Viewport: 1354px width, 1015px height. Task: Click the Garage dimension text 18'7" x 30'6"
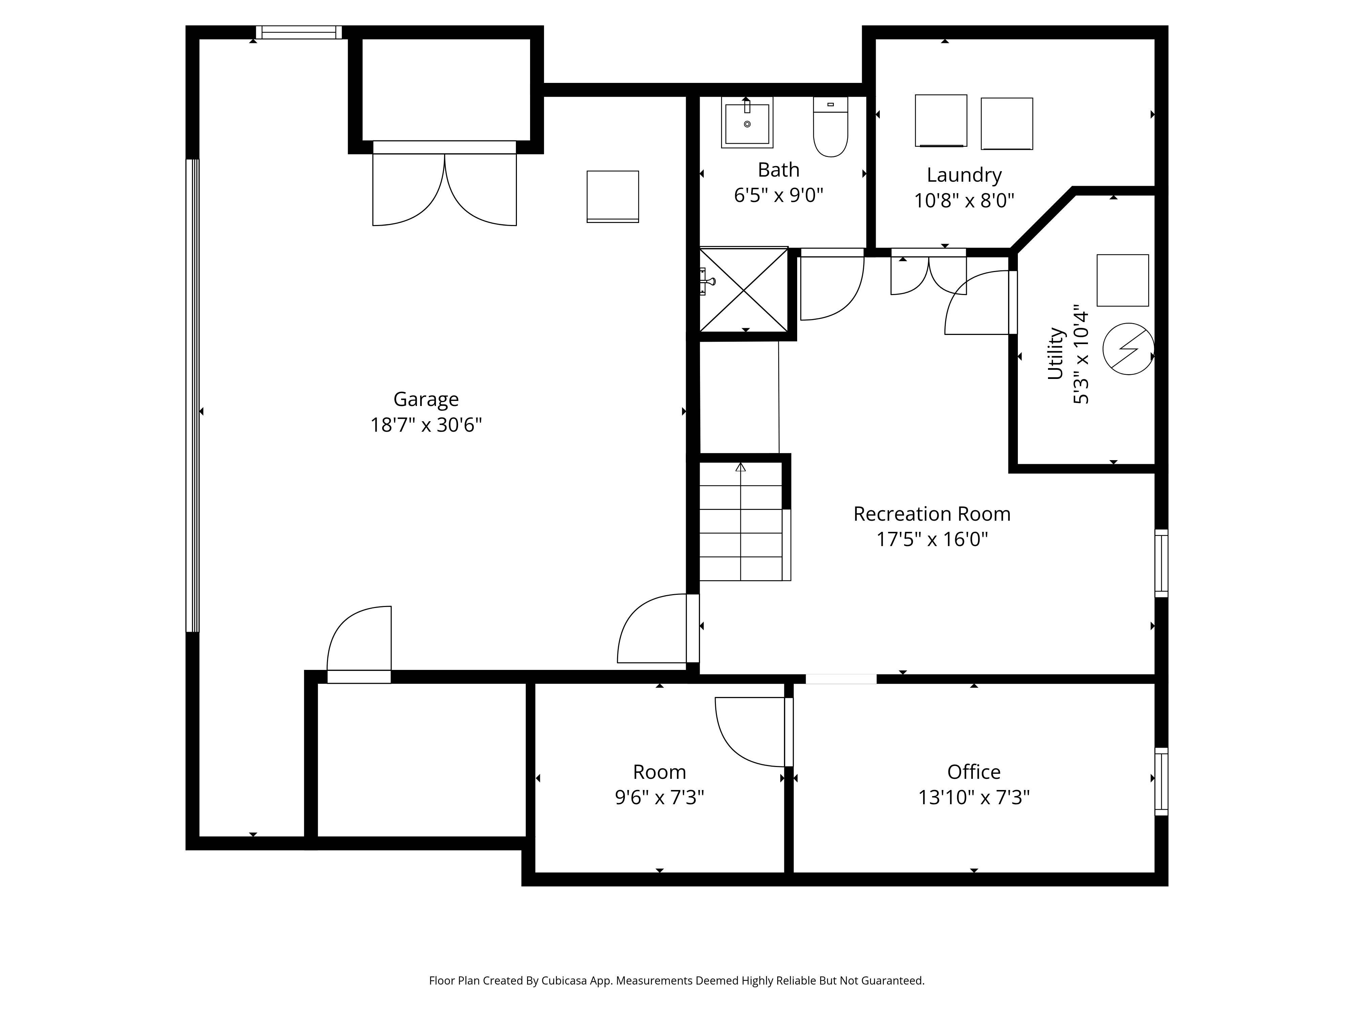pyautogui.click(x=426, y=425)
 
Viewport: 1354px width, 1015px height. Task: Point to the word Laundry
pyautogui.click(x=964, y=175)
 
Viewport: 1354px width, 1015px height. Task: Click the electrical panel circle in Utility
pyautogui.click(x=1128, y=349)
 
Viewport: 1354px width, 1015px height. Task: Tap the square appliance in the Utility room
pyautogui.click(x=1122, y=280)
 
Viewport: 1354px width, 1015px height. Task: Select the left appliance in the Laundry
pyautogui.click(x=941, y=120)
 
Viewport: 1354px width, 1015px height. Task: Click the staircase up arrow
pyautogui.click(x=741, y=468)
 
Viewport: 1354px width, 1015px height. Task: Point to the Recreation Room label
pyautogui.click(x=932, y=514)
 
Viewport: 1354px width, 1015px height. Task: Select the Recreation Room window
pyautogui.click(x=1161, y=563)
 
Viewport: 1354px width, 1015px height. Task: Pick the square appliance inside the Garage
pyautogui.click(x=613, y=196)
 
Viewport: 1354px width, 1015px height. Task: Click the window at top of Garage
pyautogui.click(x=299, y=32)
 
